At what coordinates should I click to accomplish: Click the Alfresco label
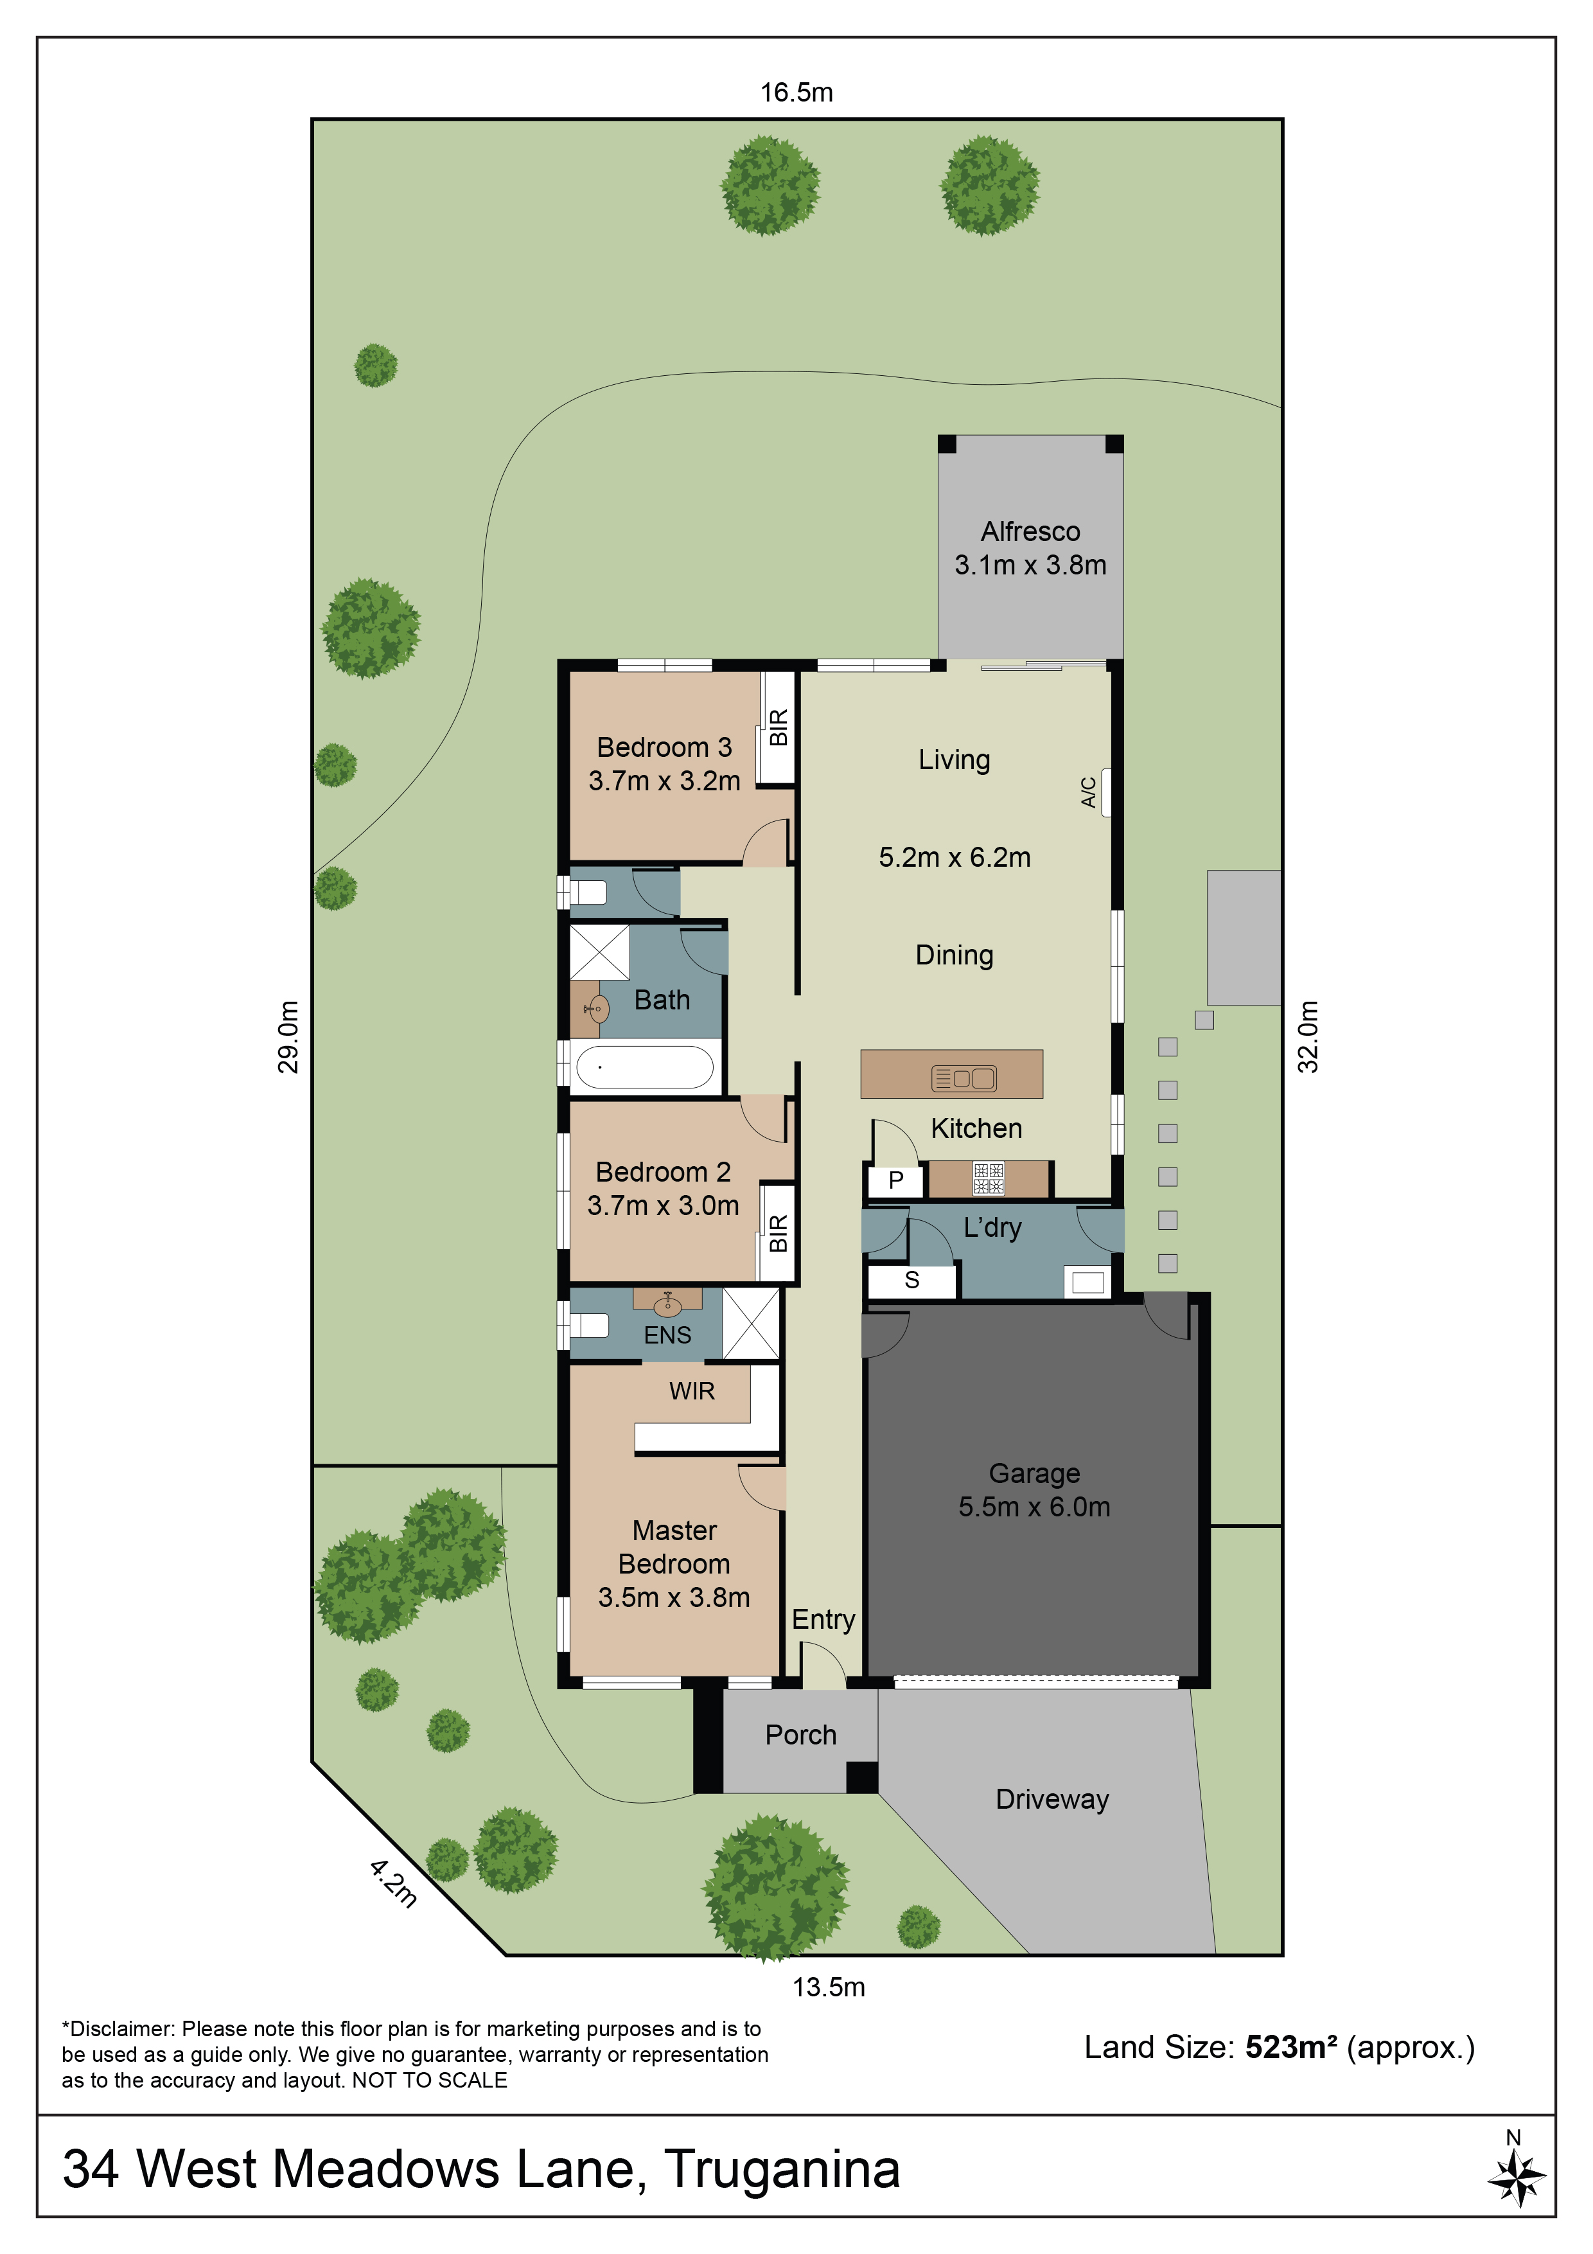point(1030,531)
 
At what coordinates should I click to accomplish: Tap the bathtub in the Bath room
point(644,1067)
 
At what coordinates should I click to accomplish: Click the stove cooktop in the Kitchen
point(989,1178)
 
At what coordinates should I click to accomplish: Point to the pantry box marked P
point(895,1180)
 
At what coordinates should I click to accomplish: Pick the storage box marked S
point(912,1280)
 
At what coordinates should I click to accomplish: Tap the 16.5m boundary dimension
point(796,93)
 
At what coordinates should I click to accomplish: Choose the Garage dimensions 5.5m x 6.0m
point(1035,1507)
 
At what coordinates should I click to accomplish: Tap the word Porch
point(801,1735)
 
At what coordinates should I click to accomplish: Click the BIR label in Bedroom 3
point(779,727)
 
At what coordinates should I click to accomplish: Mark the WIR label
point(692,1391)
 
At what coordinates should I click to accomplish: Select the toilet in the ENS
point(589,1326)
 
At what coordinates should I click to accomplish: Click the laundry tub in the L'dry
point(1089,1281)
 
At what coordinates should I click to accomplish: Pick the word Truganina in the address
point(782,2170)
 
